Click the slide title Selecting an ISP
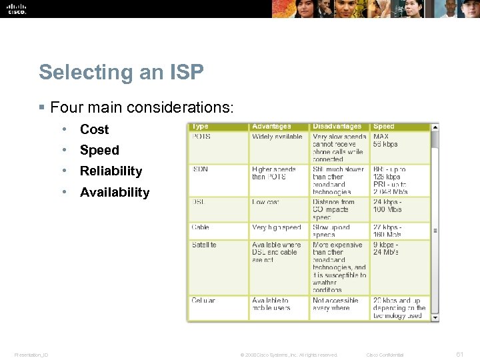pos(121,72)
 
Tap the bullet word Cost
pos(94,129)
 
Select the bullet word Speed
pos(99,150)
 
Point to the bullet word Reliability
pos(111,171)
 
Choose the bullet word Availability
pos(115,193)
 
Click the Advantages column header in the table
pos(271,127)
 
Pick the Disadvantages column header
pos(337,127)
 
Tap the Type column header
pos(200,127)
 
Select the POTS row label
pos(201,137)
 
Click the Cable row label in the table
pos(201,227)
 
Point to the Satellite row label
pos(204,245)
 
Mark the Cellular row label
pos(203,301)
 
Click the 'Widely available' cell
pos(277,137)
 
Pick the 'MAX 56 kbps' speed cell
pos(385,140)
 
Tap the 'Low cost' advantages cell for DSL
pos(265,202)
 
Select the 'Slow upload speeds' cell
pos(331,231)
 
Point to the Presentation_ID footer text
pos(31,355)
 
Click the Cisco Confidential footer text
pos(385,355)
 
